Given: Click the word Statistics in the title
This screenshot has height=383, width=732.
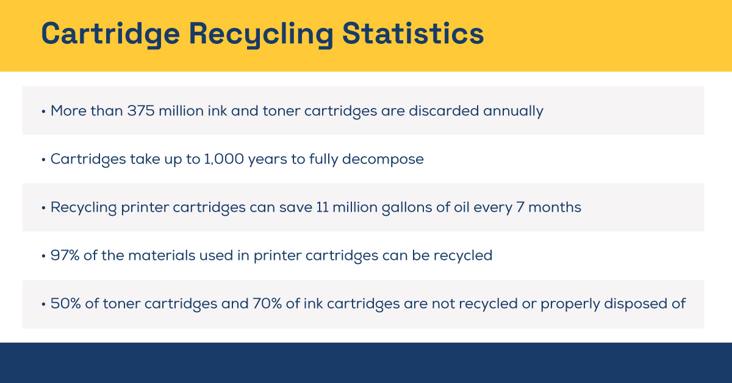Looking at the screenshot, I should click(x=412, y=34).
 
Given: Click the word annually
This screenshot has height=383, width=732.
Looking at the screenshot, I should click(x=513, y=111).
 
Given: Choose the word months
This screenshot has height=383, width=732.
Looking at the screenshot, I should click(x=554, y=207).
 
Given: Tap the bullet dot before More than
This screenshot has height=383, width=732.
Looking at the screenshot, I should click(x=44, y=112).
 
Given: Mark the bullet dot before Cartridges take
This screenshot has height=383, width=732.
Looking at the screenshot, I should click(x=44, y=160).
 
